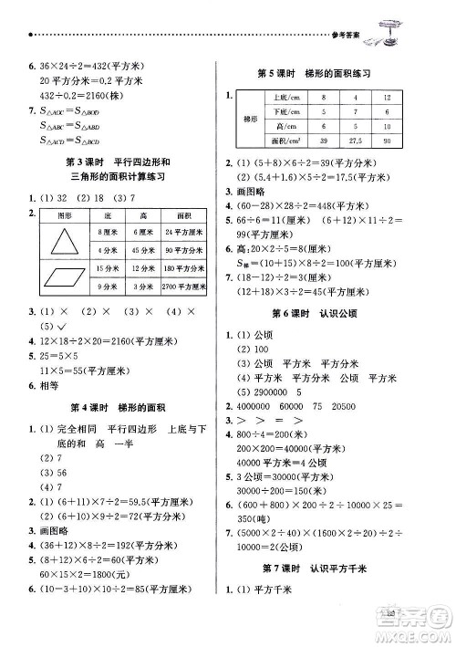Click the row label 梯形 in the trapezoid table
tap(245, 119)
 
